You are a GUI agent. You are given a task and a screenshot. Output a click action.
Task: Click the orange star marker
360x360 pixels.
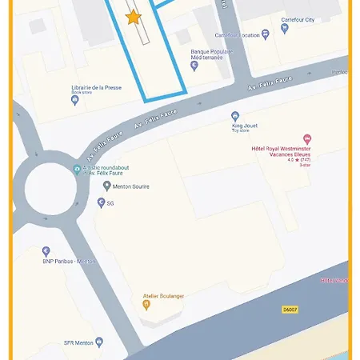134,17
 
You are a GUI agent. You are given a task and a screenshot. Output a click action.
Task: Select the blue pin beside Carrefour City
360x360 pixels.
286,30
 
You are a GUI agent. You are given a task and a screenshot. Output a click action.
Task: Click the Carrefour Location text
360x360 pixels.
238,35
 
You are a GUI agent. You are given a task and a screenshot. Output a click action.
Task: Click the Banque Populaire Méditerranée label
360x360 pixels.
211,55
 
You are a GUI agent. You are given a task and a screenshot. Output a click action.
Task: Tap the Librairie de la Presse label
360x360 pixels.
96,87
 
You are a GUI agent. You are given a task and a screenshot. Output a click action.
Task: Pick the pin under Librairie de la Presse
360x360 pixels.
75,100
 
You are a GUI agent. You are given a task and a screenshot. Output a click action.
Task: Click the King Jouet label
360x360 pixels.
246,126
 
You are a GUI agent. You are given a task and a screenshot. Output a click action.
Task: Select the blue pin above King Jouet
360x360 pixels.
235,116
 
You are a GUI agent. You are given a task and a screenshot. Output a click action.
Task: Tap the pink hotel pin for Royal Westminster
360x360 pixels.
307,139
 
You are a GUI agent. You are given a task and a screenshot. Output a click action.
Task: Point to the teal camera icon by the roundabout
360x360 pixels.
77,169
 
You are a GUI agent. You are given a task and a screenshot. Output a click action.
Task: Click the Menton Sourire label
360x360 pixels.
130,186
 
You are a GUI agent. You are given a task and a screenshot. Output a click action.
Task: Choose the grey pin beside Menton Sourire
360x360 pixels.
106,186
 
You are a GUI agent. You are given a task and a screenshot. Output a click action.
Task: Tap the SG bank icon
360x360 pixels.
101,203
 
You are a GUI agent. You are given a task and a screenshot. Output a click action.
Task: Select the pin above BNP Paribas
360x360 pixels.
46,251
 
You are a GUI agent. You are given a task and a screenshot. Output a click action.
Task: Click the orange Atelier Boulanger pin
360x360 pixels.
146,304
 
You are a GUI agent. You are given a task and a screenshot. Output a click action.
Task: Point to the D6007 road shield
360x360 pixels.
290,309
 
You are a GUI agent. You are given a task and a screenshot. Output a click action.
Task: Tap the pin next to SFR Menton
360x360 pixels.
99,342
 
